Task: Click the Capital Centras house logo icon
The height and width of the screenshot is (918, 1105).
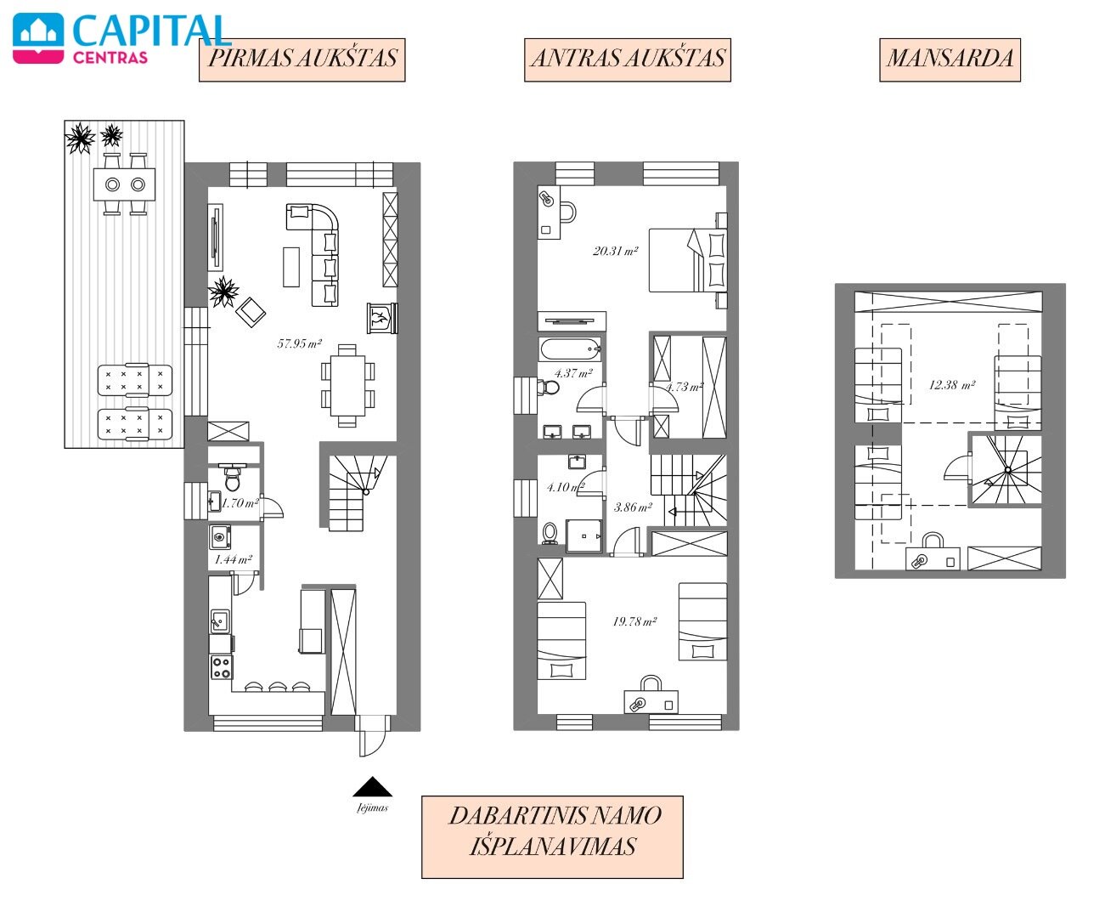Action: [38, 38]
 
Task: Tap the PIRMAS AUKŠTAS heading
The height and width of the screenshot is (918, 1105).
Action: [302, 59]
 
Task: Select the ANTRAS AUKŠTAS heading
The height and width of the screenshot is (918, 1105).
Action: [628, 59]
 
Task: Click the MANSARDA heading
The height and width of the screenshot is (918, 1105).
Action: [950, 59]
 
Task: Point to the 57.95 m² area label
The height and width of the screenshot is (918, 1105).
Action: [300, 343]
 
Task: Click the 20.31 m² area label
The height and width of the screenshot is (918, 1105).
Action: [616, 251]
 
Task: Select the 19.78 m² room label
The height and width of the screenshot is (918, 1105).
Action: [634, 621]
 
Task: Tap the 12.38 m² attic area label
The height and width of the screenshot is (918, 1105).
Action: [952, 385]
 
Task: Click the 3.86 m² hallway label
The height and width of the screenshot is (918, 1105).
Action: [633, 507]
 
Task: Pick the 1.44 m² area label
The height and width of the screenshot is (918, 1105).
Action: [234, 559]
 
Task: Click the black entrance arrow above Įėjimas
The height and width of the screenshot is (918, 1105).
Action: [373, 786]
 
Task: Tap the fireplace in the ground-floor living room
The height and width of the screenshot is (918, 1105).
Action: [382, 318]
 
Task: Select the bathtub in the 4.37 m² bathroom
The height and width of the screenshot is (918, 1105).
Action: [570, 349]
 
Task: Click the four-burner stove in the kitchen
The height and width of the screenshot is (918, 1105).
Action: [221, 667]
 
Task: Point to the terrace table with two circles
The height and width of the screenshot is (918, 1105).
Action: [124, 184]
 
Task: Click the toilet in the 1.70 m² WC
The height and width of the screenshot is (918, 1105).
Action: [233, 479]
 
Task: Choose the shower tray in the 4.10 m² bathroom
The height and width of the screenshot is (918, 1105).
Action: [584, 536]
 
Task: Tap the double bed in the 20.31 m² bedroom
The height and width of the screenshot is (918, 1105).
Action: [688, 260]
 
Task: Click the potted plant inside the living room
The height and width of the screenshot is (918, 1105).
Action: [223, 292]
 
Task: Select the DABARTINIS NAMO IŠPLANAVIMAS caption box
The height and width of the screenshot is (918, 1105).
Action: [552, 836]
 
